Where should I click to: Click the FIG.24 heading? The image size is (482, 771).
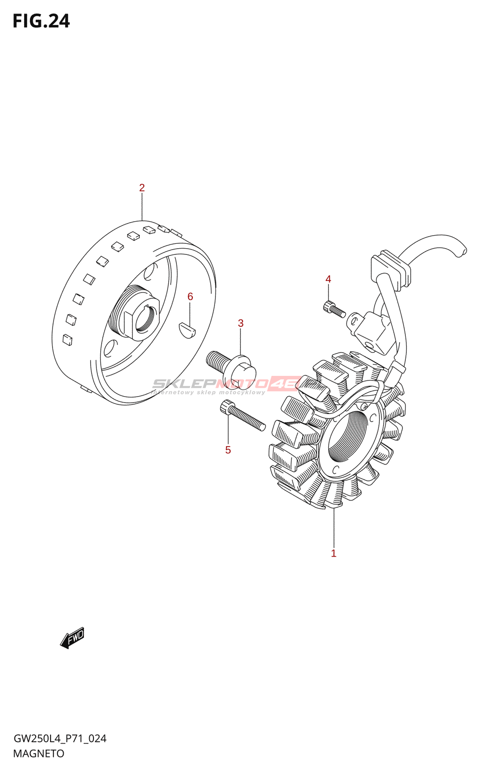point(41,21)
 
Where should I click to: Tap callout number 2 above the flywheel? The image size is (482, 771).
point(142,188)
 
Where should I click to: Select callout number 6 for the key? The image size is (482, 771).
point(190,297)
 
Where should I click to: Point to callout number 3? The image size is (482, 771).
point(241,323)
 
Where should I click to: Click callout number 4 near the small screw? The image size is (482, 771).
point(328,279)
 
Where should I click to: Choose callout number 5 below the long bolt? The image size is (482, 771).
point(228,450)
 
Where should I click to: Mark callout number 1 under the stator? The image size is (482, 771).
point(334,554)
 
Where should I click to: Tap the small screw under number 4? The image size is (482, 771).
point(334,309)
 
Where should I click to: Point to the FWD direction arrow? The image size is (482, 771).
point(72,638)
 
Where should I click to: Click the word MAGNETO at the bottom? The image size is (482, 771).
point(39,754)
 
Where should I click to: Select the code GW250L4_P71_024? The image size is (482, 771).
point(60,739)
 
